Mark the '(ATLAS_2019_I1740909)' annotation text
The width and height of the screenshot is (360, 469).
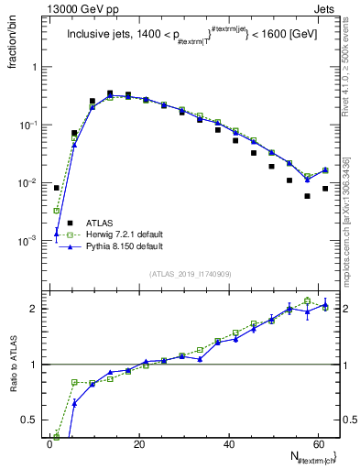189,273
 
